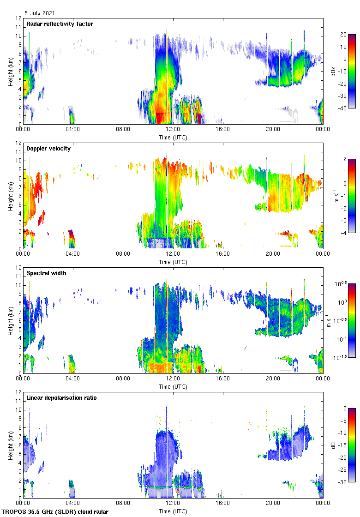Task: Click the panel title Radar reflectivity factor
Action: (60, 24)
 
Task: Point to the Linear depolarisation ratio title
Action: (61, 397)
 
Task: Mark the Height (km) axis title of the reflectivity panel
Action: (10, 71)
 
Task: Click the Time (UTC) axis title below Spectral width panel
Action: (173, 386)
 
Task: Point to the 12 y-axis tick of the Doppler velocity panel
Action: (19, 143)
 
